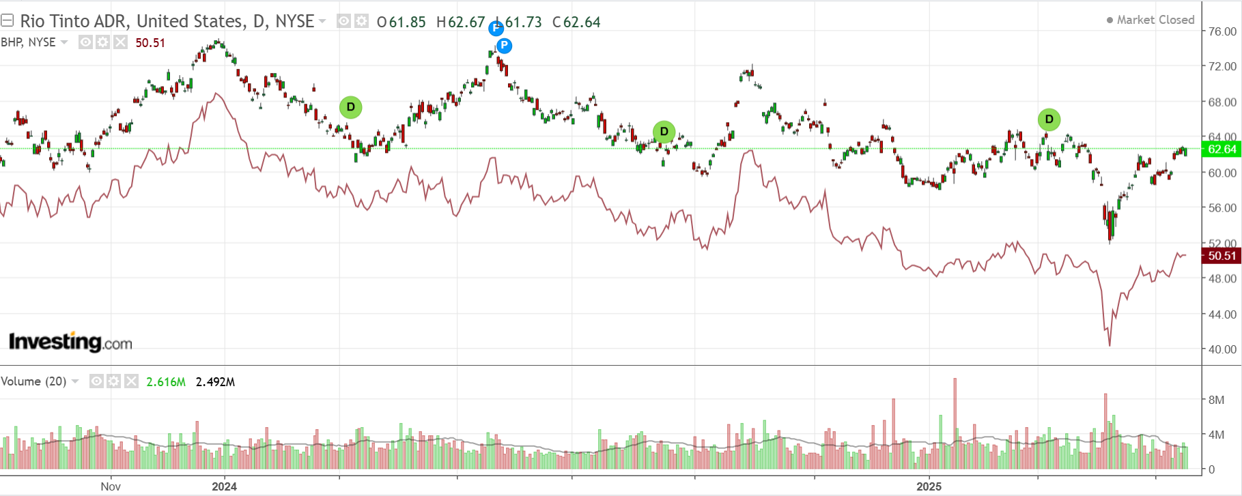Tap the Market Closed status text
pos(1155,20)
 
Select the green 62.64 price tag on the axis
pos(1222,149)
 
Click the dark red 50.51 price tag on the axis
pos(1222,256)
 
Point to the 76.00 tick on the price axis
pos(1222,31)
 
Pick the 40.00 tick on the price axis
pos(1222,349)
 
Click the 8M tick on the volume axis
pos(1216,400)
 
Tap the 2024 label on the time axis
pos(224,486)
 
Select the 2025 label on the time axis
pos(929,486)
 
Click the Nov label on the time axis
pos(111,486)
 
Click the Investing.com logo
pos(70,342)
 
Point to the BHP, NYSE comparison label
pos(28,42)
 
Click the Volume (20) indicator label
pos(33,381)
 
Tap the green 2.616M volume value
pos(166,382)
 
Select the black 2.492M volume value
pos(215,382)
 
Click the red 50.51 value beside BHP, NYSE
pos(150,43)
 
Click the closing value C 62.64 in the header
pos(577,22)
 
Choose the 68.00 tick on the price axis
pos(1222,102)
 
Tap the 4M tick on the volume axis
pos(1216,435)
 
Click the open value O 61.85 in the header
pos(401,22)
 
